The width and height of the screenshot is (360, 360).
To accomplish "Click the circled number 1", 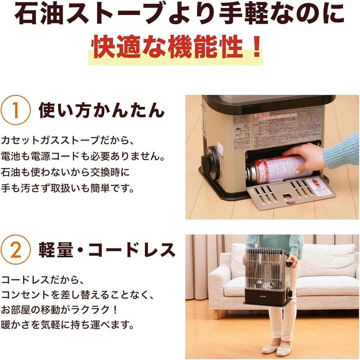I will [16, 110].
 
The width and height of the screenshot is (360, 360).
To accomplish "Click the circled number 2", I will [16, 250].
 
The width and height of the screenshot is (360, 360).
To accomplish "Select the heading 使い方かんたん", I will [102, 110].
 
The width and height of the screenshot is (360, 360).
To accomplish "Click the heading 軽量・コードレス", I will [107, 250].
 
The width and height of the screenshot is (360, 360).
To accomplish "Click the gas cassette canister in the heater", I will [274, 169].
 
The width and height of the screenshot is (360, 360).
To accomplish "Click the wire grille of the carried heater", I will [264, 268].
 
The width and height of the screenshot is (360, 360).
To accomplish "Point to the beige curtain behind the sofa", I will [201, 262].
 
